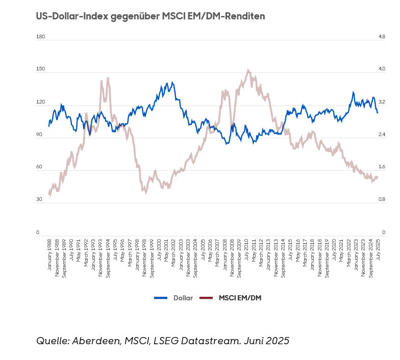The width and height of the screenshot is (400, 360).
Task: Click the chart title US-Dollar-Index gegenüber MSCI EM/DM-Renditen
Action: [151, 16]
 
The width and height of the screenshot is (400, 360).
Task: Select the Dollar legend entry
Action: [183, 298]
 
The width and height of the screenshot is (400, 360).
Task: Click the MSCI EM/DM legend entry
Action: [240, 298]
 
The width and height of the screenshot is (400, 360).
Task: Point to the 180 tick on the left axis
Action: [41, 37]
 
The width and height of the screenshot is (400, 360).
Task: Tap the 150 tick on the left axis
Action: [41, 69]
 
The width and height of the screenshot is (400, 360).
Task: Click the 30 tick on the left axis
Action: [39, 199]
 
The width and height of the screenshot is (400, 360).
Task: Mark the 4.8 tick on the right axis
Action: [381, 37]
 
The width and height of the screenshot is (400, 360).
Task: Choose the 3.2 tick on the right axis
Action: [381, 102]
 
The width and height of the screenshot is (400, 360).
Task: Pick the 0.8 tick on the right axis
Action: [381, 199]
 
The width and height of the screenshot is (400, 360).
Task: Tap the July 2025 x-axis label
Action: [378, 250]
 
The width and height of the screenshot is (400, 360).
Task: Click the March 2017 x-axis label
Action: [305, 252]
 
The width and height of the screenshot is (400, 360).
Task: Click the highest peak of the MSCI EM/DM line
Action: [248, 70]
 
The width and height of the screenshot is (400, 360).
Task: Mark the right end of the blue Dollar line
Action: [378, 113]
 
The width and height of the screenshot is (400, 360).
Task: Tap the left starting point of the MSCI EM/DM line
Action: [49, 194]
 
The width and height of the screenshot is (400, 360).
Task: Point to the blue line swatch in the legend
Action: [161, 298]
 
